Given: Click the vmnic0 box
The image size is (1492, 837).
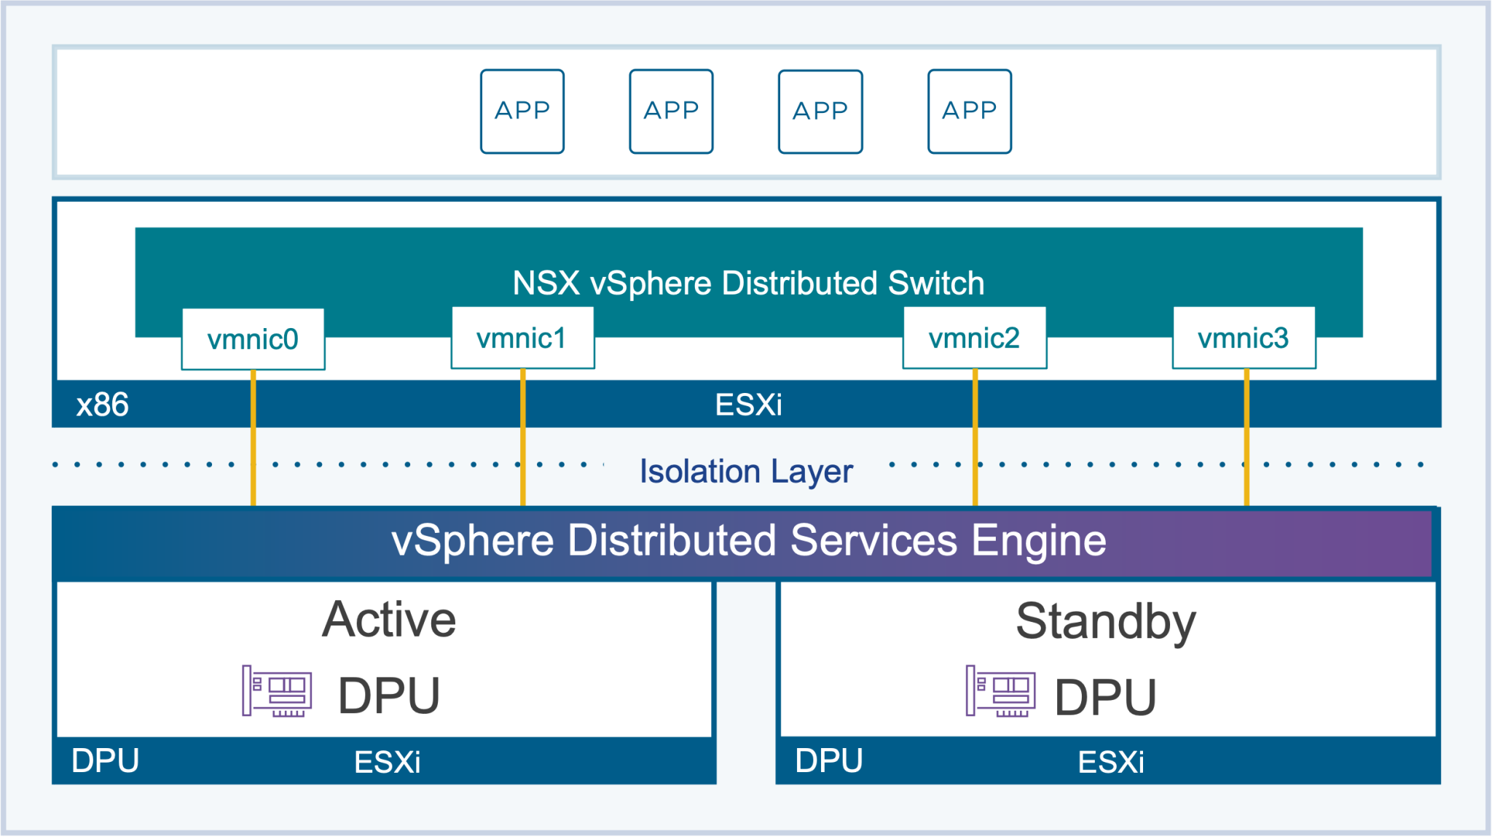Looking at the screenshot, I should tap(253, 339).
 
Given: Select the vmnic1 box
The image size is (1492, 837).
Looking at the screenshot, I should tap(522, 338).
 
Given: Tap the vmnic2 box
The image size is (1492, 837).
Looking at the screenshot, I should tap(974, 338).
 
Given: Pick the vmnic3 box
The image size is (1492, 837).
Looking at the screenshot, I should tap(1244, 338).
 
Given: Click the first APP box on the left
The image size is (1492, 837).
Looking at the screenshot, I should tap(522, 111).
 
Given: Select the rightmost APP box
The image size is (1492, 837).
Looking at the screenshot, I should tap(969, 111).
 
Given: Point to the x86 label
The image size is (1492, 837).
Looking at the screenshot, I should tap(103, 405).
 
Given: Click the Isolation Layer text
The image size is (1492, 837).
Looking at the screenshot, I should tap(746, 471).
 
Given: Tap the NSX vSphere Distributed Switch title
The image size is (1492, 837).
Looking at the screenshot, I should tap(748, 283).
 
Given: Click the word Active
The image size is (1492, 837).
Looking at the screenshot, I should tap(389, 620).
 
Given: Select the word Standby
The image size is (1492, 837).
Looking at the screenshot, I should tap(1106, 621).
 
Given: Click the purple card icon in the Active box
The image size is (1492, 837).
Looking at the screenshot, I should tap(277, 690).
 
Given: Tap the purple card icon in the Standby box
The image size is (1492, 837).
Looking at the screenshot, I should tap(1000, 690).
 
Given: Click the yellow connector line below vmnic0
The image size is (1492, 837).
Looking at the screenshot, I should tap(253, 437).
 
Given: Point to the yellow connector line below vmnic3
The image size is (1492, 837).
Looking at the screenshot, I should tap(1246, 437).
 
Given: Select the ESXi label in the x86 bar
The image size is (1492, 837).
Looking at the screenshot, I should tap(748, 405).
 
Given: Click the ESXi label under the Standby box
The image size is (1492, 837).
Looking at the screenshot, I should tap(1110, 762).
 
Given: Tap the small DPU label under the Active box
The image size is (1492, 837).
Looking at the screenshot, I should tap(106, 760).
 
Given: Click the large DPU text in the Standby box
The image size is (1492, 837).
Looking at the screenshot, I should tap(1105, 697).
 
